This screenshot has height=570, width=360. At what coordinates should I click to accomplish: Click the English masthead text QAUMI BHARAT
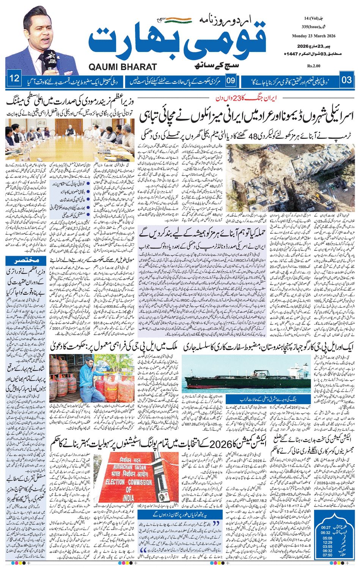[123, 67]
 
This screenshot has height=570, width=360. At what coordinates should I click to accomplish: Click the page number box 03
[347, 80]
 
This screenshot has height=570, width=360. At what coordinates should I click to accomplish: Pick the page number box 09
[231, 80]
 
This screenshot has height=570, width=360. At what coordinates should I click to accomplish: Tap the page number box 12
[14, 79]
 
